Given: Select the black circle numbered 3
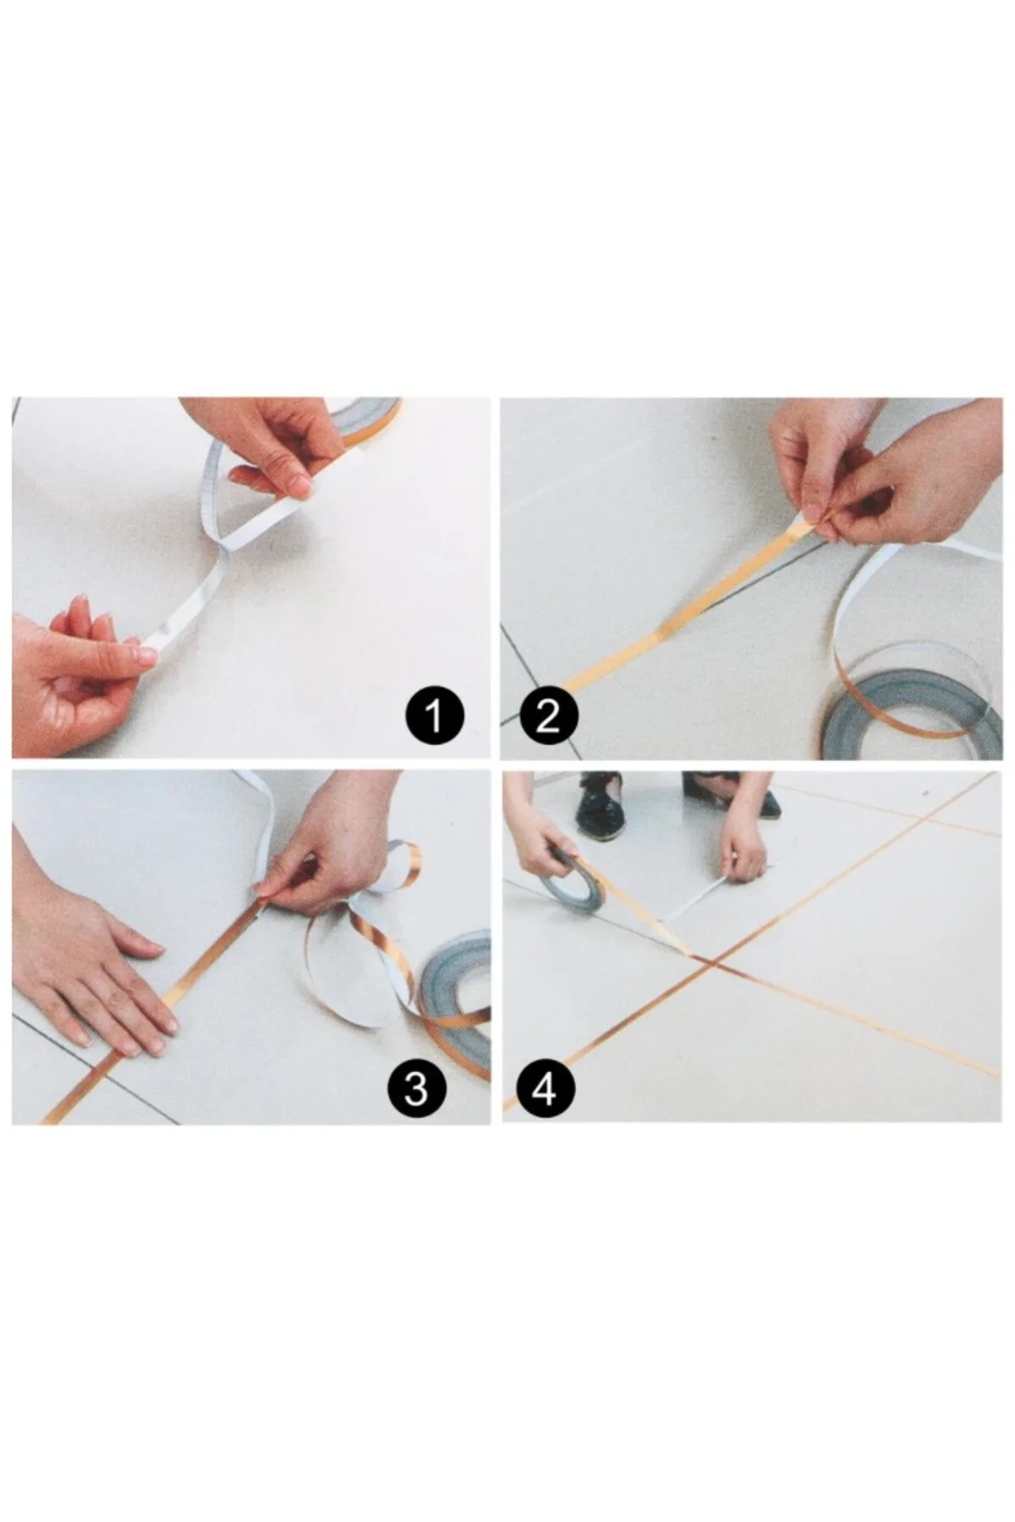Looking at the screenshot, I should coord(416,1089).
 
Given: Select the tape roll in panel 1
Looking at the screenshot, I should coord(364,419).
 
